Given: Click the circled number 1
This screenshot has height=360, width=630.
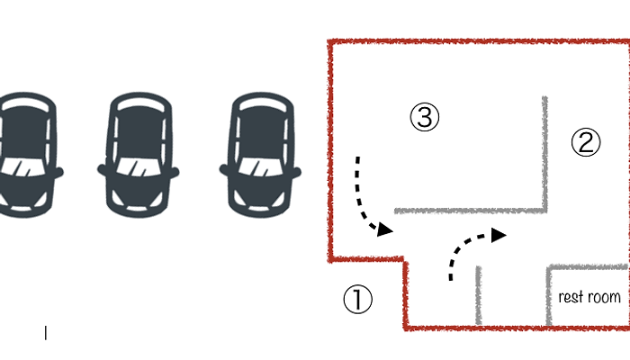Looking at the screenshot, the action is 357,300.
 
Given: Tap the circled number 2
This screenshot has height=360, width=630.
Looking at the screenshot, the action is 586,142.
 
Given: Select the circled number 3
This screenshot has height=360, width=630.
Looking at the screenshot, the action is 424,117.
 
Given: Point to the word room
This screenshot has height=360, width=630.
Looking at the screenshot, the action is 604,297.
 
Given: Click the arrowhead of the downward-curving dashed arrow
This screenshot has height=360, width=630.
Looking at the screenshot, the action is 385,229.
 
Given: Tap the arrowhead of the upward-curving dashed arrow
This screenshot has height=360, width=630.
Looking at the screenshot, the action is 499,235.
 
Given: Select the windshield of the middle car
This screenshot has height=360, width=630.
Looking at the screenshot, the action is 139,167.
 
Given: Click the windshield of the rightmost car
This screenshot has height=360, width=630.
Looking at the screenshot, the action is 260,167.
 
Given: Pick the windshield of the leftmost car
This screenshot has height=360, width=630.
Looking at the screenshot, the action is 23,167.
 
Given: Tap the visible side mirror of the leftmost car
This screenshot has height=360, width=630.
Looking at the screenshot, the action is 58,173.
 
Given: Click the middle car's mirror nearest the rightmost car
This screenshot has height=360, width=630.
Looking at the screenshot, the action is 175,173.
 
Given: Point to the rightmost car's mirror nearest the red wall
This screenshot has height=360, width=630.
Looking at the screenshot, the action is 296,173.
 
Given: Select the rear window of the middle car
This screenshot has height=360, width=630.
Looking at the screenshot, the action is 139,105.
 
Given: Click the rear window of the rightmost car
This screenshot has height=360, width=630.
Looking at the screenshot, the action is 262,105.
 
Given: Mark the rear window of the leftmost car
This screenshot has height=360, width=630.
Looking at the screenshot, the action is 25,105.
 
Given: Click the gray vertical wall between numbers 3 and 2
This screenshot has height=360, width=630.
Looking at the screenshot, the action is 544,154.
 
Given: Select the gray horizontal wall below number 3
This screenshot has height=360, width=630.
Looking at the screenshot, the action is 470,211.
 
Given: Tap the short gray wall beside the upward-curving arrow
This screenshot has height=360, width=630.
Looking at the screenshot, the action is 478,295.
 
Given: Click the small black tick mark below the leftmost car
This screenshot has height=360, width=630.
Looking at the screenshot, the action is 46,333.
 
